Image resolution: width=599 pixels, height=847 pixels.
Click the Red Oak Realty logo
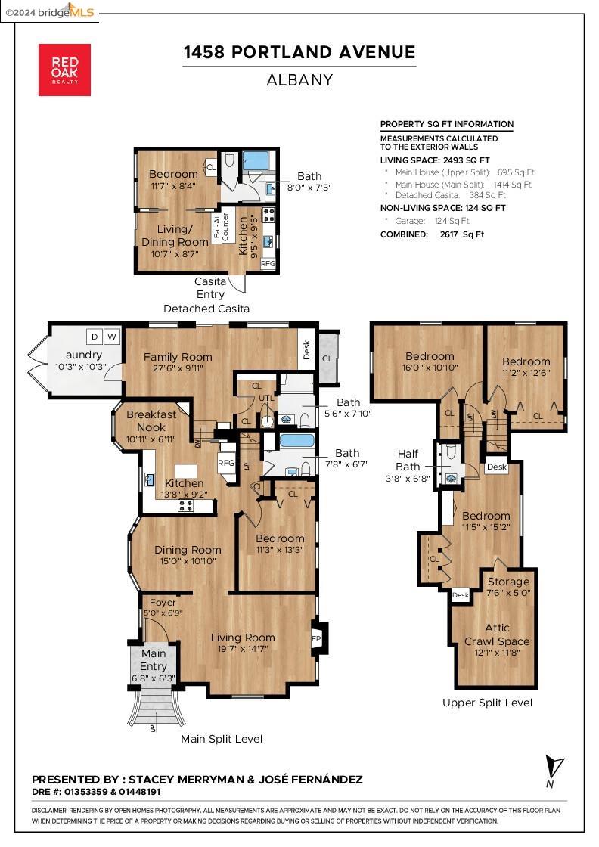pyautogui.click(x=64, y=70)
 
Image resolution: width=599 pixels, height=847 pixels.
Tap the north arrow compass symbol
pyautogui.click(x=553, y=771)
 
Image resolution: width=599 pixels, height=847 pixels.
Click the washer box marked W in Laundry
pyautogui.click(x=112, y=337)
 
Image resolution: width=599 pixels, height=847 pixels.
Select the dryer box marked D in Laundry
pyautogui.click(x=95, y=337)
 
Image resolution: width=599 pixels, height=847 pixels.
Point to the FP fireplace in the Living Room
pyautogui.click(x=318, y=638)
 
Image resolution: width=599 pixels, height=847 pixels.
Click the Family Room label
pyautogui.click(x=178, y=357)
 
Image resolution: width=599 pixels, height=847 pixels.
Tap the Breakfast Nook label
pyautogui.click(x=151, y=420)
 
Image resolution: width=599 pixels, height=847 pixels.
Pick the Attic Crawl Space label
pyautogui.click(x=497, y=634)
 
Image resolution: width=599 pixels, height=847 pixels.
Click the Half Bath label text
pyautogui.click(x=408, y=461)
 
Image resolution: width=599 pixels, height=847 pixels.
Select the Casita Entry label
pyautogui.click(x=210, y=288)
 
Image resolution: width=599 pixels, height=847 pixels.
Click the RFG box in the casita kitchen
pyautogui.click(x=268, y=264)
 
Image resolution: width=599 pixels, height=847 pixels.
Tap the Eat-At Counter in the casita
pyautogui.click(x=221, y=226)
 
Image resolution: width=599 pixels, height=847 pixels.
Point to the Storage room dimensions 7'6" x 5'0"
pyautogui.click(x=508, y=593)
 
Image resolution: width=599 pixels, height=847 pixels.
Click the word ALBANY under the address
pyautogui.click(x=299, y=80)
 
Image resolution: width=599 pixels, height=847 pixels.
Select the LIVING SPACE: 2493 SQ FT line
pyautogui.click(x=435, y=160)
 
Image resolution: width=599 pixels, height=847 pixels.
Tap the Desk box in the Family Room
pyautogui.click(x=307, y=349)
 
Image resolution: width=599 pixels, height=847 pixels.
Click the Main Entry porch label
pyautogui.click(x=154, y=660)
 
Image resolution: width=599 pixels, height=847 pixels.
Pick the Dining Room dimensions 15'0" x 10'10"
pyautogui.click(x=188, y=561)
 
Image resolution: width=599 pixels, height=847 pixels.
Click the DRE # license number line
pyautogui.click(x=96, y=792)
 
